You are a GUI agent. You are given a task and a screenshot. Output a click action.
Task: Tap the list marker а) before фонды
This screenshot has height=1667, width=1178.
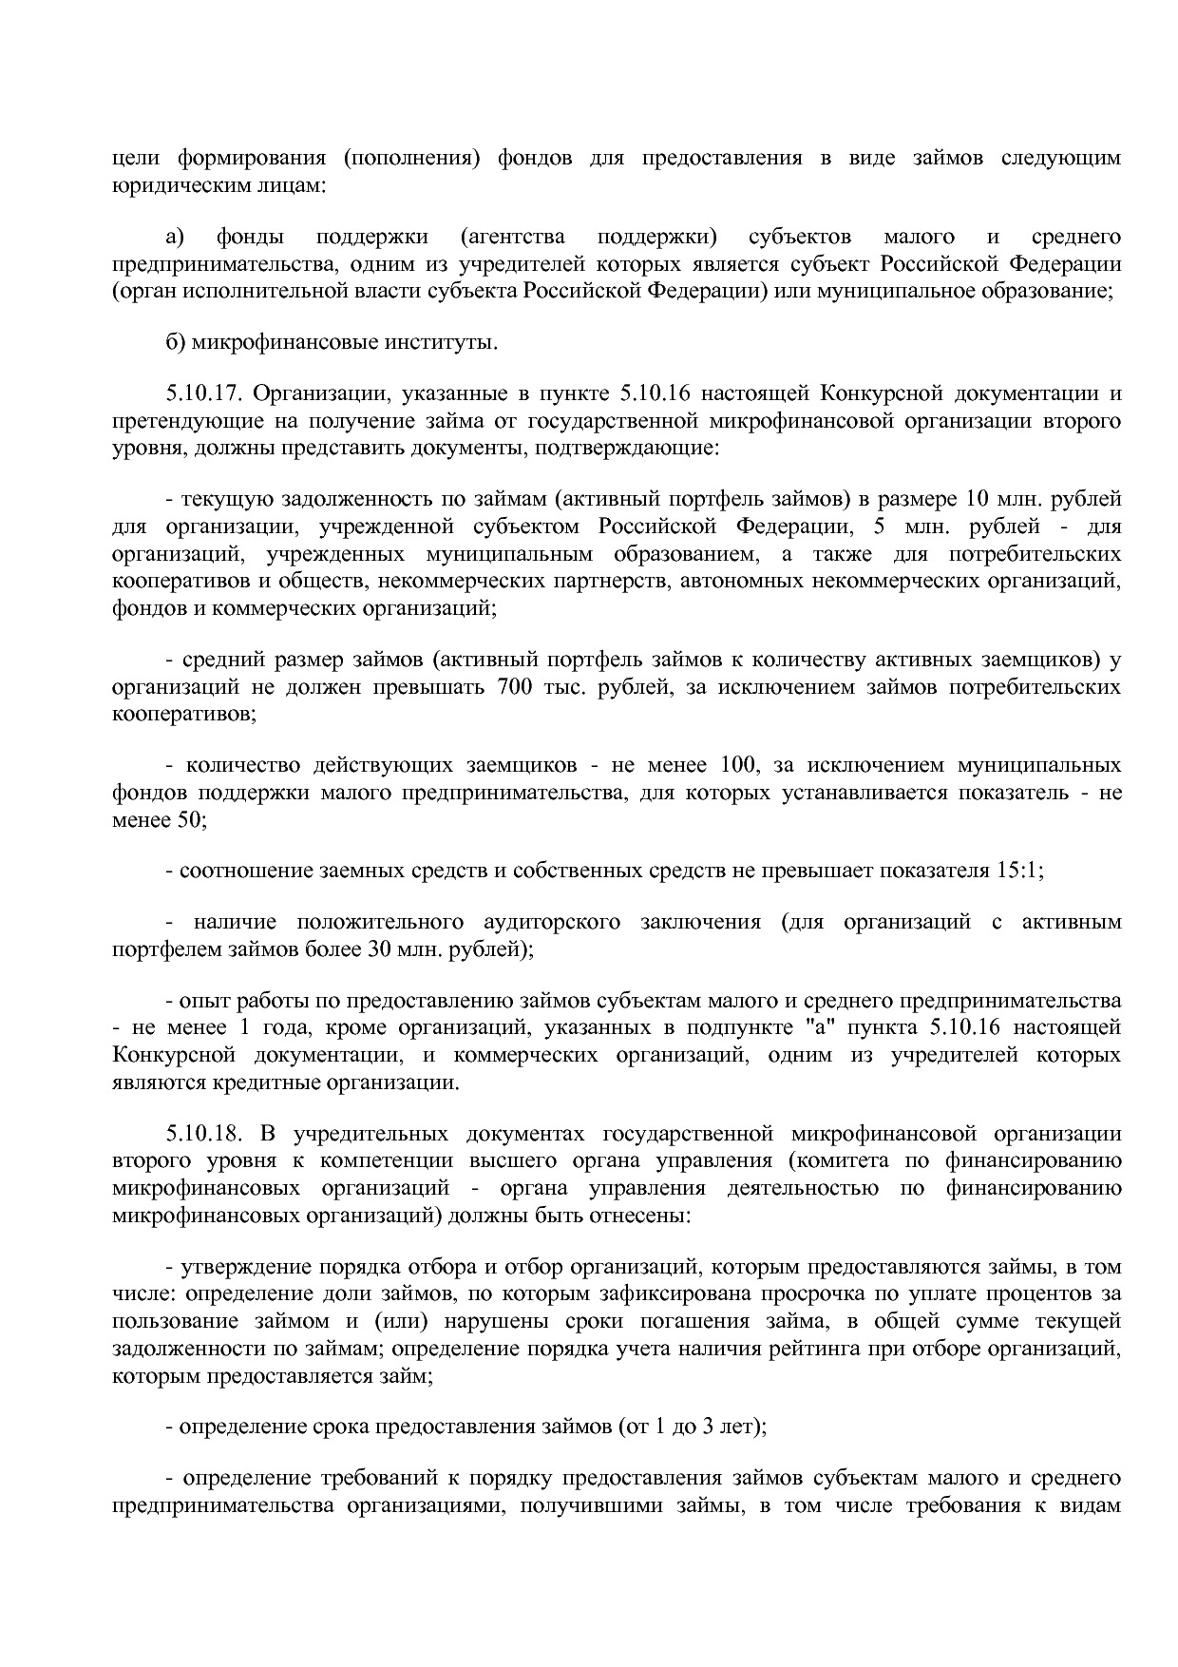(176, 237)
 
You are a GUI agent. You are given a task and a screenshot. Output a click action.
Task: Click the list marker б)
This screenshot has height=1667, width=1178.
(176, 342)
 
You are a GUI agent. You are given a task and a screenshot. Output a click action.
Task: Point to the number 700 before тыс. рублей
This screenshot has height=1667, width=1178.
(514, 686)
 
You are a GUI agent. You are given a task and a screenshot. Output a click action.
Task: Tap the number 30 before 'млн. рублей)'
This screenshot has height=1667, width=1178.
(367, 948)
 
